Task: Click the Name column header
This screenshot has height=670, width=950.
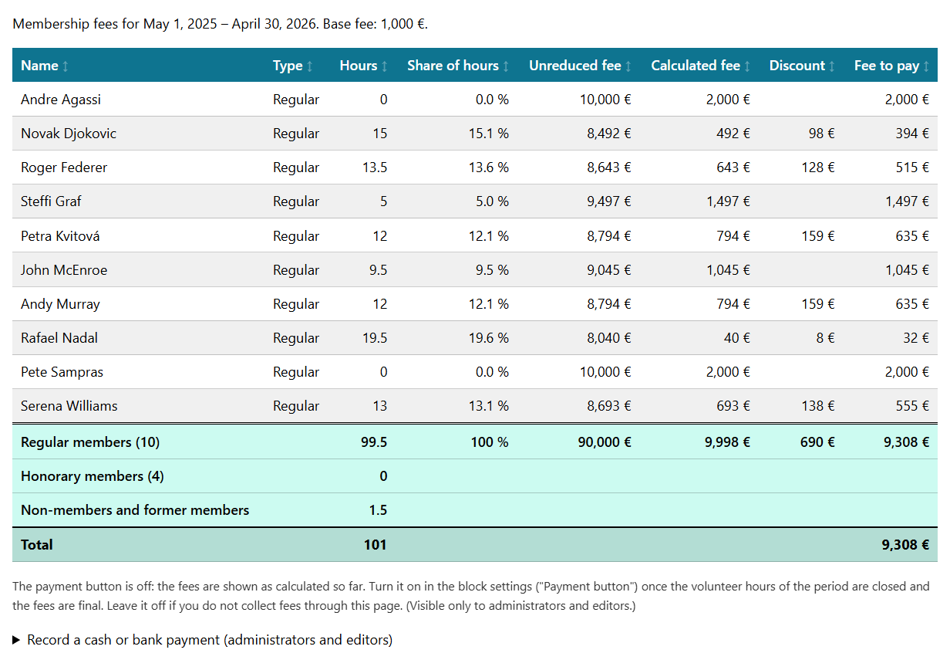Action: coord(39,66)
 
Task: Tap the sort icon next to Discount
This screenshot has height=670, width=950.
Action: coord(832,66)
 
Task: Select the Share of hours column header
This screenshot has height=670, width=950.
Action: coord(453,66)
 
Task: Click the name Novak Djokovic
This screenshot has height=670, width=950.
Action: coord(69,134)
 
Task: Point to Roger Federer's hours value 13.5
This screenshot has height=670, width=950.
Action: coord(375,167)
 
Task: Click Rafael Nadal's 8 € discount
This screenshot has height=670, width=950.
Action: coord(825,338)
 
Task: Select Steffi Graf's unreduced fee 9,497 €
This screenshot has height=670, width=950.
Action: coord(608,201)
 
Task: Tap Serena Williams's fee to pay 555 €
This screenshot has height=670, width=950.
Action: coord(911,406)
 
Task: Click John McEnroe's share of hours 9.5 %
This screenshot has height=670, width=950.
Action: coord(491,270)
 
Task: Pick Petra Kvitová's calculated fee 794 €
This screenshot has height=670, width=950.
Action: coord(733,236)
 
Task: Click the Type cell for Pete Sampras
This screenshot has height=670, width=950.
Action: coord(295,372)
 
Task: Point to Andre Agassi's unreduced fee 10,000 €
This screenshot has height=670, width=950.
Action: coord(605,100)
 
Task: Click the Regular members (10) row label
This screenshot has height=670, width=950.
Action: coord(90,442)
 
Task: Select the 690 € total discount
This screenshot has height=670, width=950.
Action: coord(817,442)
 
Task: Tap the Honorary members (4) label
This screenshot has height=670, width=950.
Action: coord(92,476)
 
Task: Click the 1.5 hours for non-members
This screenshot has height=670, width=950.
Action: coord(378,510)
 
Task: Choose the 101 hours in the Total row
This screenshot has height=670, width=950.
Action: coord(375,545)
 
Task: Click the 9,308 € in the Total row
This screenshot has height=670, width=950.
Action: coord(905,545)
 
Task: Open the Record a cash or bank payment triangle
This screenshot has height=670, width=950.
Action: coord(16,640)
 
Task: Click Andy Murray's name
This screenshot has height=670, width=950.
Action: coord(60,304)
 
